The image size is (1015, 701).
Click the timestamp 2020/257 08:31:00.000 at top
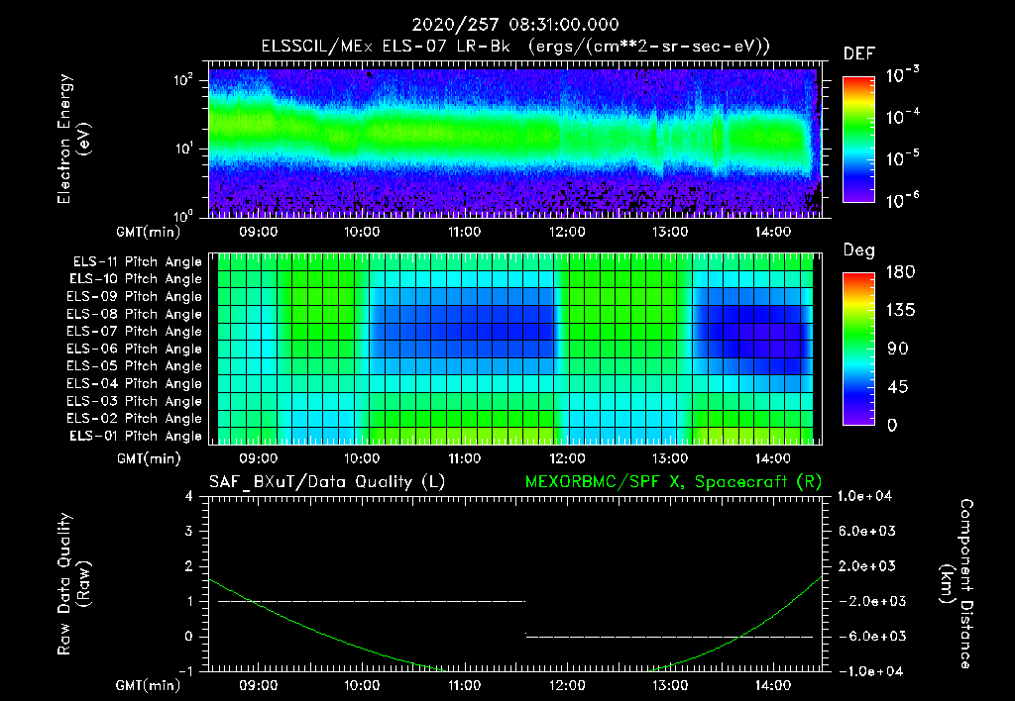click(507, 25)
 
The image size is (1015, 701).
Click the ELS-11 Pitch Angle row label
click(137, 261)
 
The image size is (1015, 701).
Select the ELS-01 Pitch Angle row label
click(137, 436)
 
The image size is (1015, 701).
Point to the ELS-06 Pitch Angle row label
click(137, 349)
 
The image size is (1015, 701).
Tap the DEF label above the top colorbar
click(858, 53)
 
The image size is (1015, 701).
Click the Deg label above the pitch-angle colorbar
click(858, 250)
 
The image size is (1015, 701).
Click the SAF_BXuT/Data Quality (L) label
click(326, 482)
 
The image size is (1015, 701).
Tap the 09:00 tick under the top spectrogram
click(258, 233)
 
